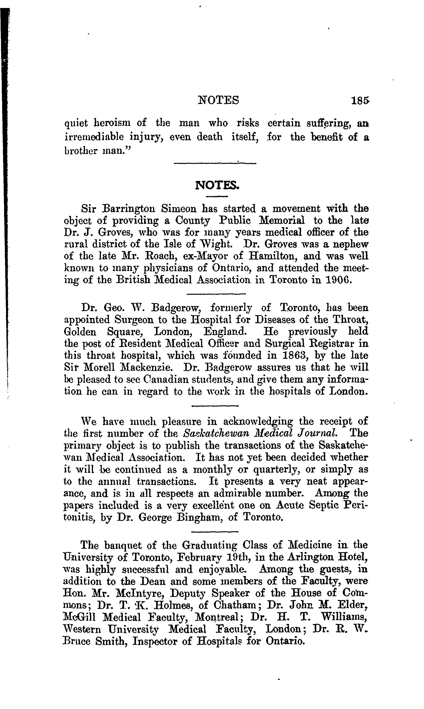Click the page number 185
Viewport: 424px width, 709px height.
pyautogui.click(x=361, y=101)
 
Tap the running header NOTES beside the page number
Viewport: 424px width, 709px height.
pyautogui.click(x=219, y=100)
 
